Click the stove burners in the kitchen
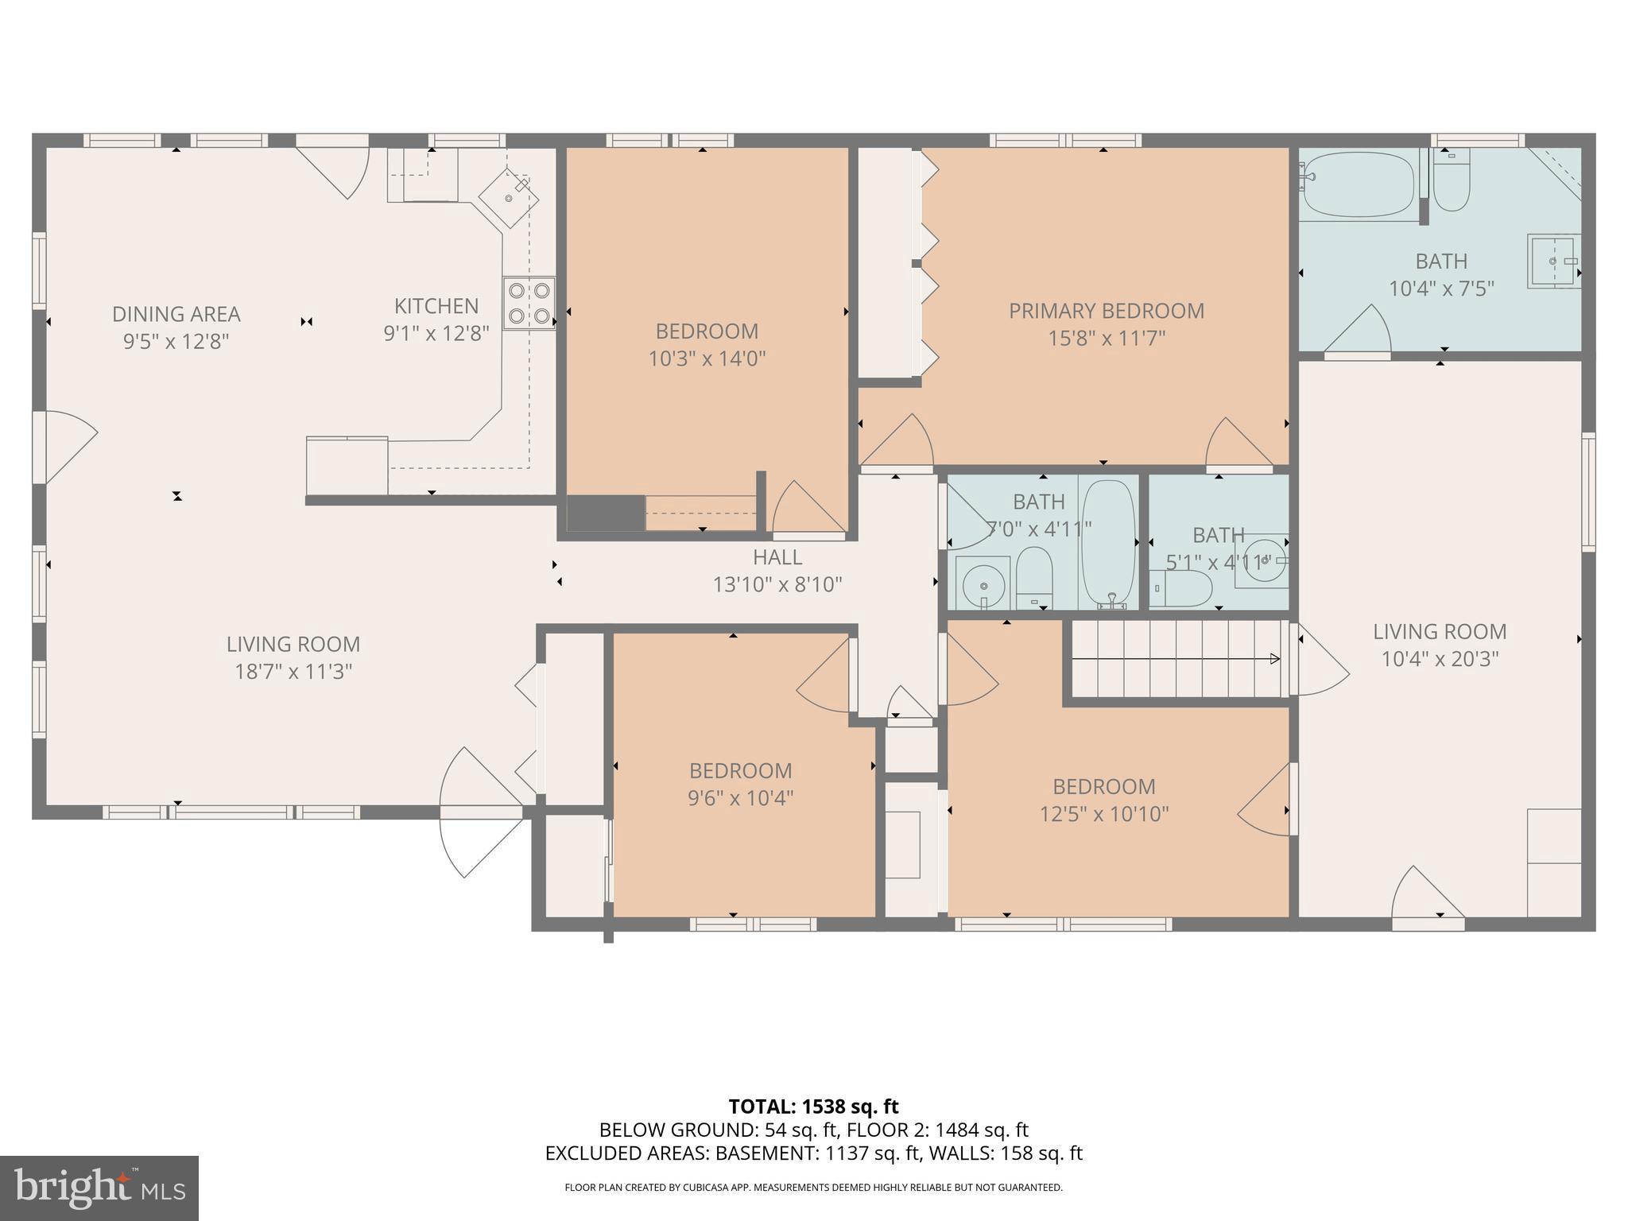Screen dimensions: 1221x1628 (x=529, y=303)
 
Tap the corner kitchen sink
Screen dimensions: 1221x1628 (x=509, y=197)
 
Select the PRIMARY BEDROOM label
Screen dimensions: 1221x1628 (x=1107, y=311)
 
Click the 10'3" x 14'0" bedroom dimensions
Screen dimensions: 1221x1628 (x=707, y=359)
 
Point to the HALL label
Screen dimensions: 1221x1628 (x=777, y=557)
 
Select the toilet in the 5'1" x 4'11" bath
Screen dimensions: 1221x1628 (x=1182, y=589)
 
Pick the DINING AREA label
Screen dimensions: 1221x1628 (x=176, y=314)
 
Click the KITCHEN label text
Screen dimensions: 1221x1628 (x=436, y=306)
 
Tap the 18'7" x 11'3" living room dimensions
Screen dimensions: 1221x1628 (x=293, y=672)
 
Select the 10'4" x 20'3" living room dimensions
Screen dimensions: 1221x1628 (x=1440, y=659)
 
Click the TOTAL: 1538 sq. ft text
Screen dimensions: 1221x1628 (x=813, y=1107)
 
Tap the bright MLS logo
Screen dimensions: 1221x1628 (x=99, y=1188)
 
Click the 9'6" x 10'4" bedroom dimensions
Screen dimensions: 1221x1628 (x=740, y=798)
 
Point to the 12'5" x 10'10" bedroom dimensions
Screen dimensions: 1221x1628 (x=1104, y=814)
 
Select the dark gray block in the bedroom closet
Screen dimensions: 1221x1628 (x=605, y=513)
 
